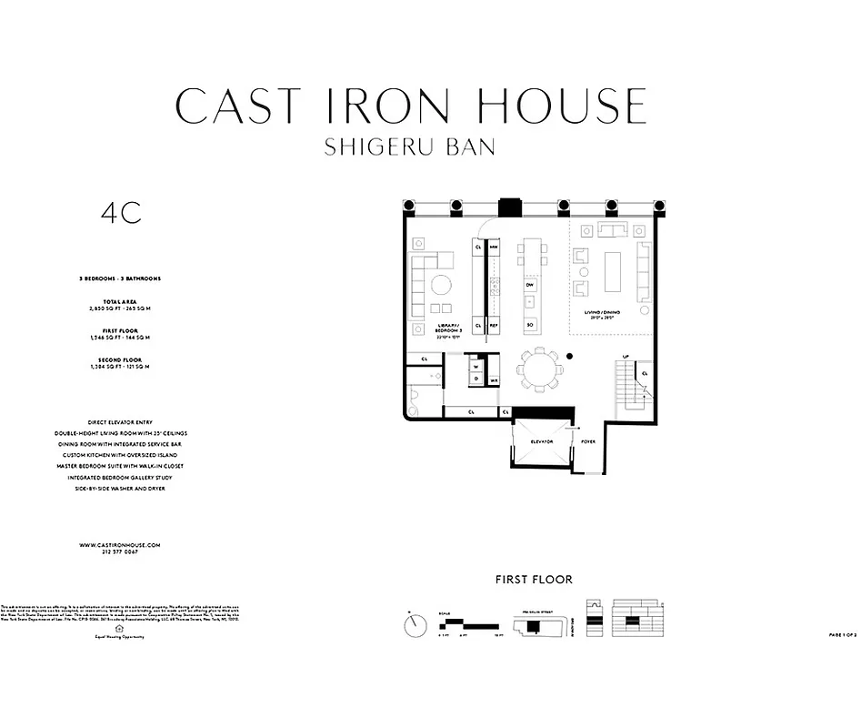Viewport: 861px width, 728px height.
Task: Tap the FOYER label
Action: click(x=588, y=441)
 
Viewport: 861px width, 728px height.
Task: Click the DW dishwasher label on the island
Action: click(x=529, y=285)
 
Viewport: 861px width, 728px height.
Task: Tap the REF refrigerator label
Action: click(x=494, y=325)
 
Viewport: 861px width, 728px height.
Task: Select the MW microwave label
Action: click(x=494, y=247)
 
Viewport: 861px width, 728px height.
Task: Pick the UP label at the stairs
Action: click(x=625, y=356)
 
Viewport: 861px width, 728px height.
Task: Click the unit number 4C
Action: click(x=121, y=213)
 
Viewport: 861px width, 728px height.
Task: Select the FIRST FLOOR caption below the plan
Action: click(x=534, y=579)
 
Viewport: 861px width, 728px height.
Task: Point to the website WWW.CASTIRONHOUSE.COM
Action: click(x=120, y=544)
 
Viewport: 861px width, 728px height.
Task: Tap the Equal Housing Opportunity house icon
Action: click(x=119, y=627)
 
